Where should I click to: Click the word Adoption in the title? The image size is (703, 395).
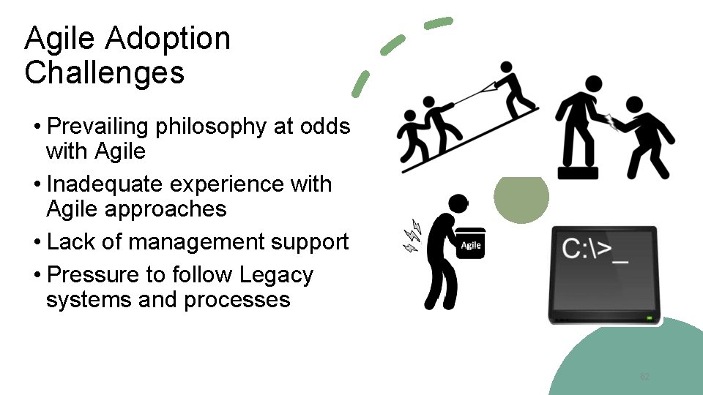click(x=168, y=39)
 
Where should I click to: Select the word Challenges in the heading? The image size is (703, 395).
click(x=104, y=73)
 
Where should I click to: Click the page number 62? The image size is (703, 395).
click(x=644, y=377)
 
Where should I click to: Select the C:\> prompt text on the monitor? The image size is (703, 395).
click(x=597, y=249)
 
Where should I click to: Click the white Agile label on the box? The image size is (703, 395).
click(x=470, y=245)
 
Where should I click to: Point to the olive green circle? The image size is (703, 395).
click(x=521, y=197)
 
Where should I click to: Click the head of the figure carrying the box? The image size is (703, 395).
click(x=458, y=205)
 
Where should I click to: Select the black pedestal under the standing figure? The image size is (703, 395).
click(x=578, y=173)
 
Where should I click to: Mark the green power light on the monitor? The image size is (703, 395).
click(x=649, y=318)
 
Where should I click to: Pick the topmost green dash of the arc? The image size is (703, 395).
click(x=439, y=23)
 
